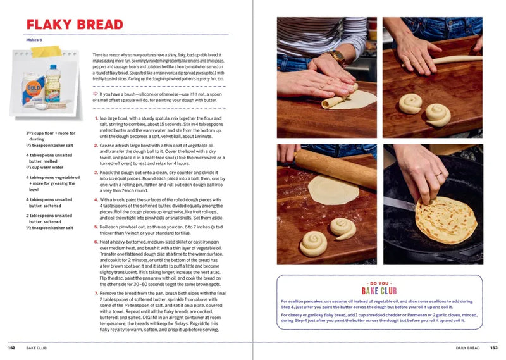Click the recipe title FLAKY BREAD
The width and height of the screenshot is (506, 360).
pos(74,25)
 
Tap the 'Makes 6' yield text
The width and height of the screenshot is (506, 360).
pos(34,39)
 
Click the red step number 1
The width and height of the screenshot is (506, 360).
pos(96,118)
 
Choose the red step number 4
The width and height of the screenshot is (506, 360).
pos(96,200)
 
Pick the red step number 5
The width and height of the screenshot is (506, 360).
pos(96,225)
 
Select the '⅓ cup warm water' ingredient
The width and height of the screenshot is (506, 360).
pos(43,168)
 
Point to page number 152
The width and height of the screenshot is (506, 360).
pos(11,348)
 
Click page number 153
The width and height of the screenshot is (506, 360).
pos(494,348)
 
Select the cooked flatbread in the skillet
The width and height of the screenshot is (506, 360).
pos(445,220)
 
